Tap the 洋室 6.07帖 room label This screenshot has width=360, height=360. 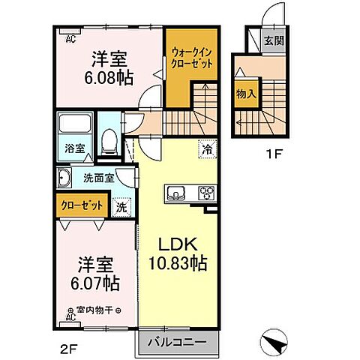(97, 274)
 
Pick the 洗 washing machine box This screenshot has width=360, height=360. (121, 206)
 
